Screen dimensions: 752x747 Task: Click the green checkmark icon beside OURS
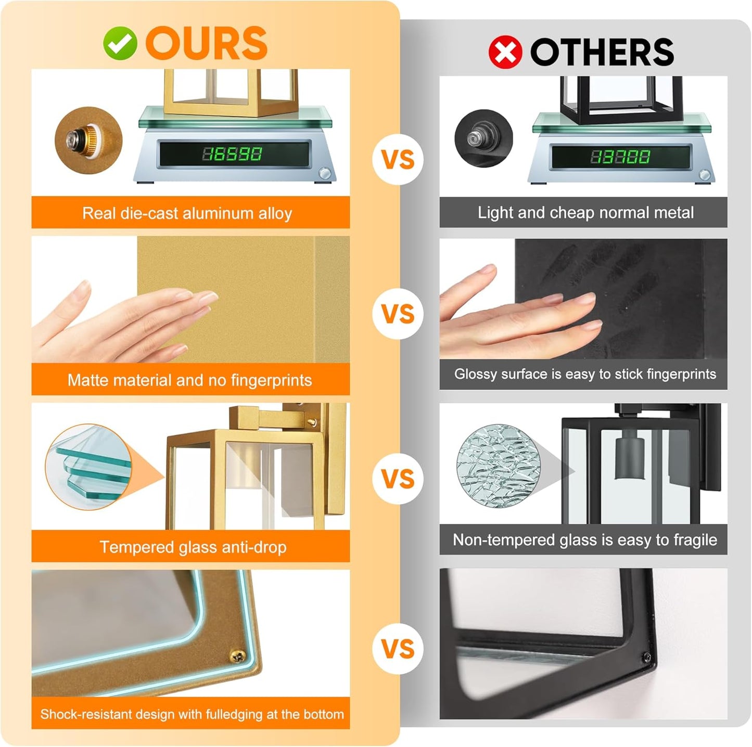click(120, 43)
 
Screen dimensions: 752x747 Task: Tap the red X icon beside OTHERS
click(505, 52)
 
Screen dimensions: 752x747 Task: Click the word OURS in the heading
click(207, 43)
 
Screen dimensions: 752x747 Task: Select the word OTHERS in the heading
click(602, 52)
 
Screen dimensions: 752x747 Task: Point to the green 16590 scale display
click(232, 153)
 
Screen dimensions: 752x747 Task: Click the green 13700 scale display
click(620, 157)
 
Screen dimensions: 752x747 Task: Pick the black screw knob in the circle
click(484, 138)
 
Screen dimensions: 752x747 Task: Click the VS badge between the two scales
click(398, 159)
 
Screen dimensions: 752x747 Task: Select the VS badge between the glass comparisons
click(398, 479)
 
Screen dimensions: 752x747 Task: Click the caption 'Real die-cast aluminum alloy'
click(187, 213)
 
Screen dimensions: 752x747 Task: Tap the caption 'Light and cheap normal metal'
click(586, 213)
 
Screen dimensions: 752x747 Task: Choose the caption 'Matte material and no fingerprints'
click(189, 380)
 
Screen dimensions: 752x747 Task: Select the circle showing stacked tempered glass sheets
click(89, 467)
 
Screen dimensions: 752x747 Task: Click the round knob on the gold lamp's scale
click(324, 173)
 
